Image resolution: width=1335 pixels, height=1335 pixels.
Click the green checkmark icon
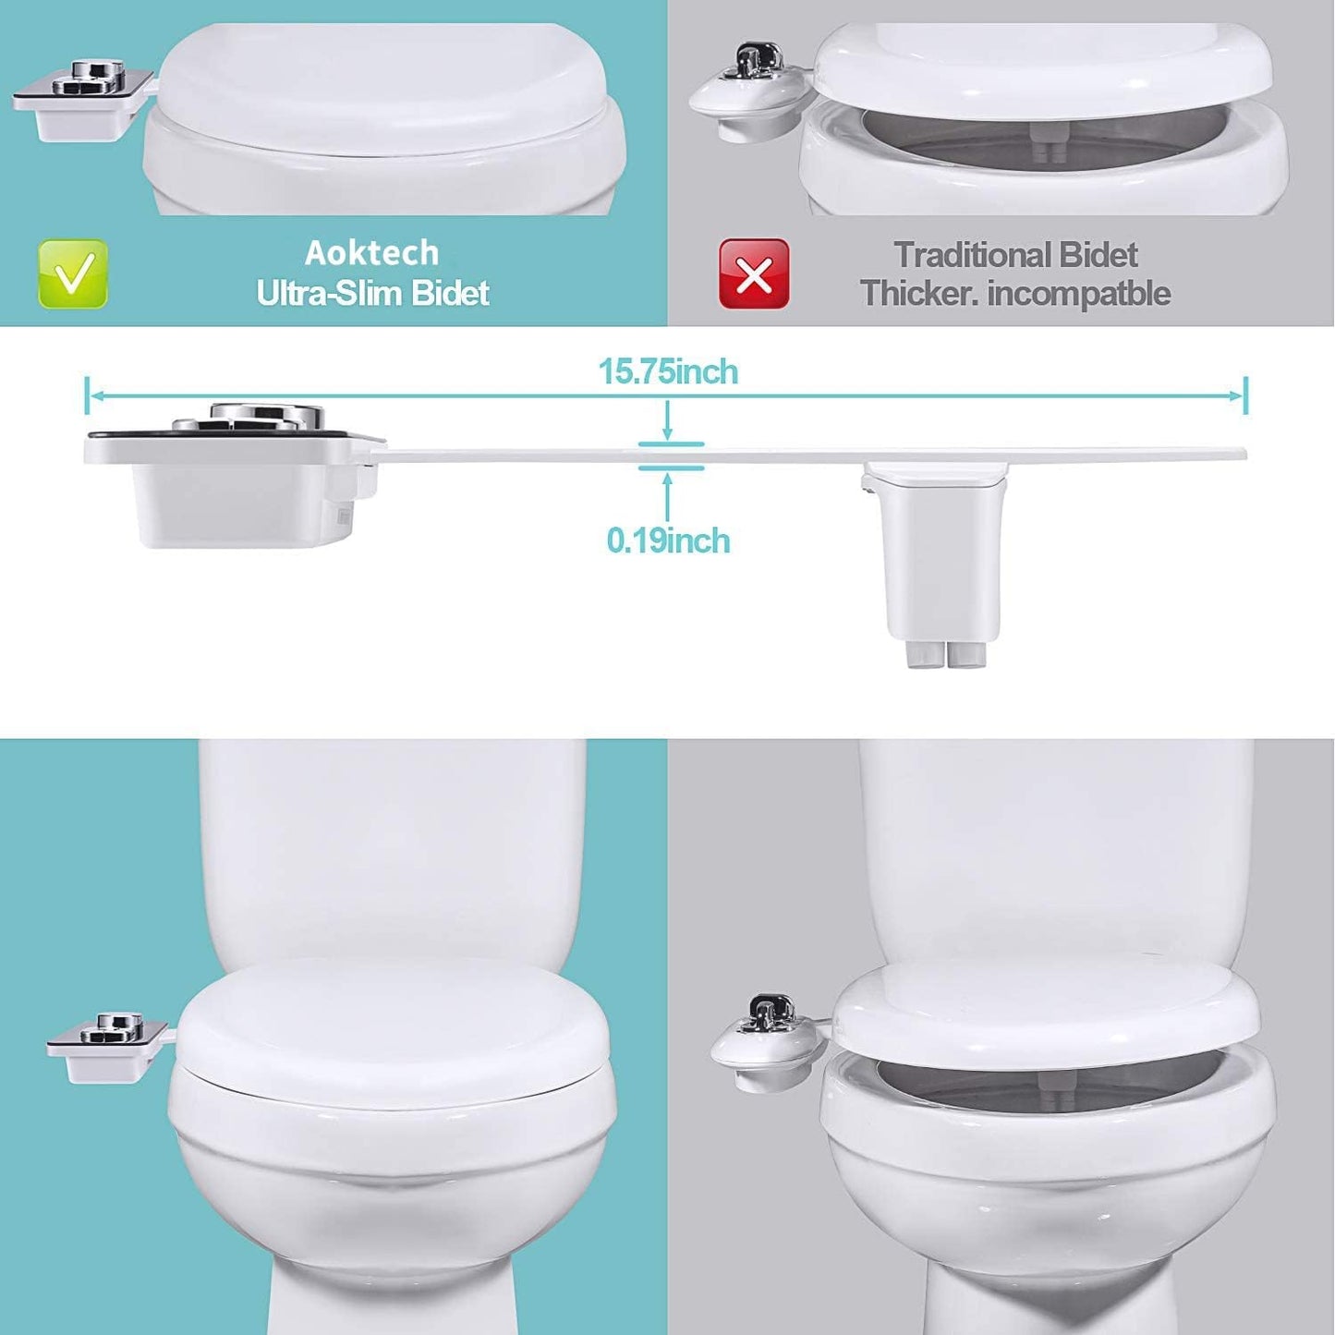click(x=73, y=273)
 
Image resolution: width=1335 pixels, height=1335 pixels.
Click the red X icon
click(x=754, y=273)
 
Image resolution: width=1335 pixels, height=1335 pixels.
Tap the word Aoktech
click(x=372, y=253)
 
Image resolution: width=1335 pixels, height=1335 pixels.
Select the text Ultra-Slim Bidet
click(x=372, y=293)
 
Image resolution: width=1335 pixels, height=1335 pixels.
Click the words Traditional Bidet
click(x=1015, y=255)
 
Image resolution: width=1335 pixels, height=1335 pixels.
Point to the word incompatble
click(x=1079, y=294)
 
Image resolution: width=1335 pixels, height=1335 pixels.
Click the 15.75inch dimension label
click(x=669, y=372)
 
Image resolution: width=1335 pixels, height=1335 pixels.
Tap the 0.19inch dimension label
click(x=669, y=541)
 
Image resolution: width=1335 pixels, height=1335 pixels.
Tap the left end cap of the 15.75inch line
click(x=87, y=395)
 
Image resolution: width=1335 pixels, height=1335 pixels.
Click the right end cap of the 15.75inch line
click(x=1245, y=395)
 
